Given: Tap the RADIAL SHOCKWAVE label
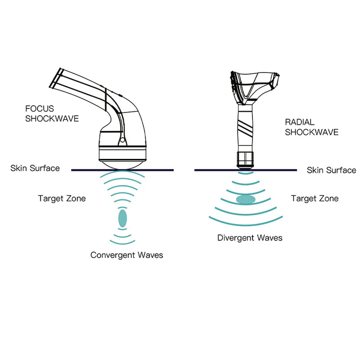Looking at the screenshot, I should [312, 127].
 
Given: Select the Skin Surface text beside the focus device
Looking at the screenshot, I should [35, 168].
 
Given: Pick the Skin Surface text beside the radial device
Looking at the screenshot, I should [331, 170].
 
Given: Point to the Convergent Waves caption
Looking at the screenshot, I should [127, 255].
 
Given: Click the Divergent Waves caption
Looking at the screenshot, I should [250, 238].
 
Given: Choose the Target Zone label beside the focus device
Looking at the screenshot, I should [62, 198].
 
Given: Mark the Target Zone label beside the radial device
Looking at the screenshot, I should [314, 198].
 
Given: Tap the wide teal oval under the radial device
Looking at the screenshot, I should [246, 199].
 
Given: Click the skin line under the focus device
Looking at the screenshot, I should [122, 170].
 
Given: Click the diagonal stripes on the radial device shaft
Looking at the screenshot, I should [246, 126].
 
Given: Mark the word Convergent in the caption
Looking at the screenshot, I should [110, 255].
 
